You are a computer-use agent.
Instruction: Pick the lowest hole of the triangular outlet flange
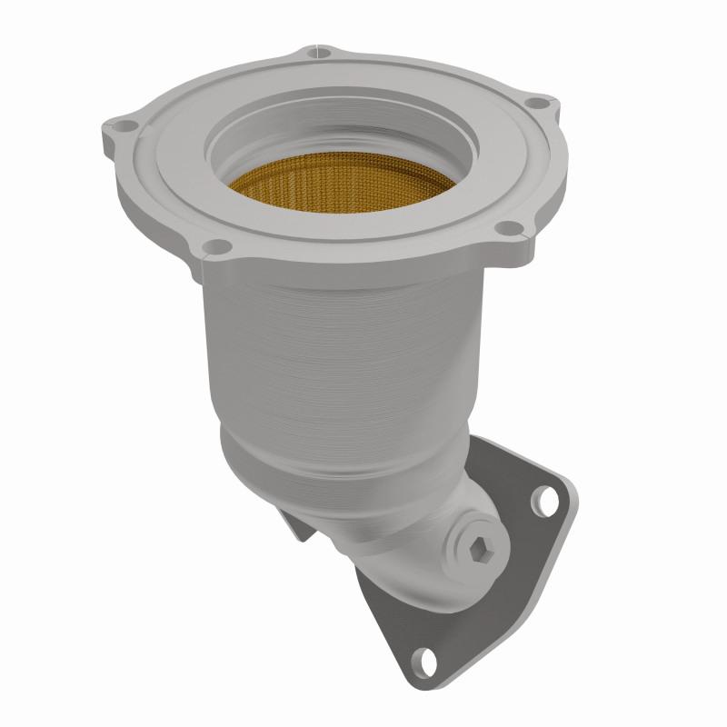(x=424, y=656)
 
